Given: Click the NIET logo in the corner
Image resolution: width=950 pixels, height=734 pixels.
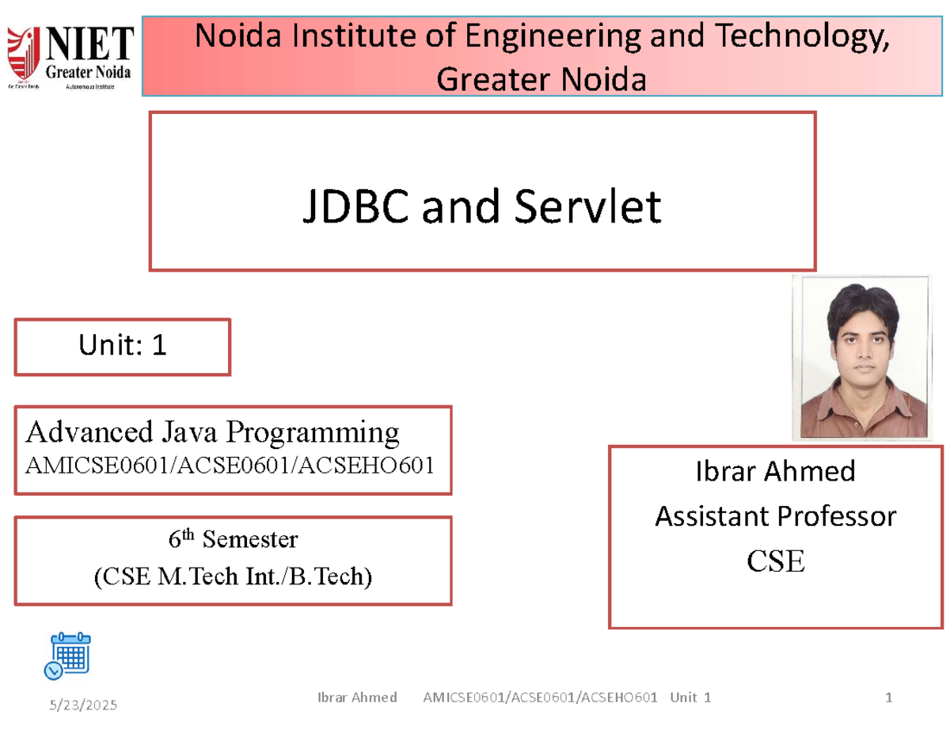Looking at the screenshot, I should coord(70,58).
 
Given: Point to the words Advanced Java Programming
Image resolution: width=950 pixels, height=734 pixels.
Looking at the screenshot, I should coord(213,432).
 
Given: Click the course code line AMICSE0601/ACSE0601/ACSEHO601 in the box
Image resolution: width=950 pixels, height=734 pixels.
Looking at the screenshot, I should coord(230,465).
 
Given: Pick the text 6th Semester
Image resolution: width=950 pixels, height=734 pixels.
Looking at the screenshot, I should coord(233,540).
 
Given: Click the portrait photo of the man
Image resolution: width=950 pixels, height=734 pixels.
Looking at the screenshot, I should coord(861,357).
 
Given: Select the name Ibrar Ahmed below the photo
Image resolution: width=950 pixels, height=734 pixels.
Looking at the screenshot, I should coord(775,472).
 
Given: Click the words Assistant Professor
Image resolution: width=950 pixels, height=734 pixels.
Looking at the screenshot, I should coord(775,517).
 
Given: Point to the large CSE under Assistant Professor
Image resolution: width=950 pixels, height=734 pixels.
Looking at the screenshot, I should coord(775,561).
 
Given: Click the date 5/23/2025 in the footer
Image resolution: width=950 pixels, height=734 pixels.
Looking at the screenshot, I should coord(84,705).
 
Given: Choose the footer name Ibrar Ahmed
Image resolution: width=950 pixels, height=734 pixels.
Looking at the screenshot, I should coord(356,698).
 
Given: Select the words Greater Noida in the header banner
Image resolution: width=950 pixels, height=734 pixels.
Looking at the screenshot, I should coord(541,78).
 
